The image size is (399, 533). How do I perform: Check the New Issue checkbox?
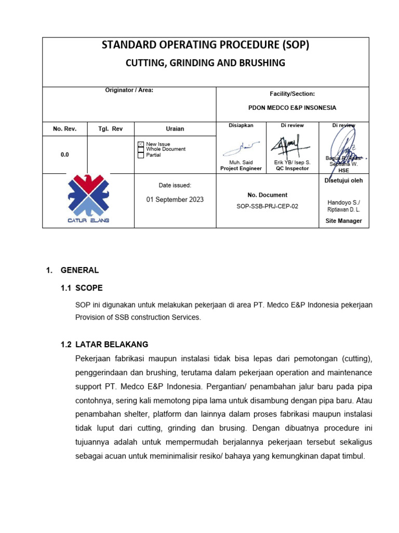pyautogui.click(x=140, y=144)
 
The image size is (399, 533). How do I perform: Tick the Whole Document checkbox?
pyautogui.click(x=140, y=149)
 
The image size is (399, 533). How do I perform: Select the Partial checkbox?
pyautogui.click(x=140, y=155)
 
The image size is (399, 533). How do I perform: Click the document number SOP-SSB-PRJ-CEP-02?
pyautogui.click(x=267, y=206)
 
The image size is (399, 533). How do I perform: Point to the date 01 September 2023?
pyautogui.click(x=175, y=199)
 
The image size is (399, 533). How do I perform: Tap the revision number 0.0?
pyautogui.click(x=64, y=155)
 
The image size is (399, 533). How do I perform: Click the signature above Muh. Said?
pyautogui.click(x=238, y=148)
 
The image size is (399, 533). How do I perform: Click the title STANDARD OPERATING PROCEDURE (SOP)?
pyautogui.click(x=205, y=45)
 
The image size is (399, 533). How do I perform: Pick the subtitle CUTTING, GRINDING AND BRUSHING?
pyautogui.click(x=205, y=63)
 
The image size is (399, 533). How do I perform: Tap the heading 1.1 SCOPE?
pyautogui.click(x=82, y=288)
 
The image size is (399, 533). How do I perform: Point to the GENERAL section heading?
pyautogui.click(x=79, y=270)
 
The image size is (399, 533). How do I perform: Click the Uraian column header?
pyautogui.click(x=175, y=129)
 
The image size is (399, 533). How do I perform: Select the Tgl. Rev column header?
pyautogui.click(x=111, y=129)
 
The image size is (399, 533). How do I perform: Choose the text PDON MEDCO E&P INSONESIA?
pyautogui.click(x=292, y=108)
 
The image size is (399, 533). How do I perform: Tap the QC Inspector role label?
pyautogui.click(x=292, y=169)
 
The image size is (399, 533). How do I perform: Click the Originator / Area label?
pyautogui.click(x=129, y=90)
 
